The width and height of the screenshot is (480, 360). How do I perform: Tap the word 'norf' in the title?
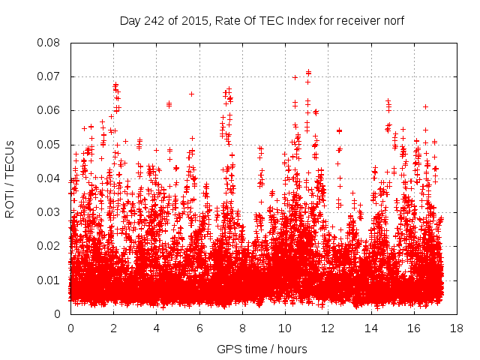tap(391, 21)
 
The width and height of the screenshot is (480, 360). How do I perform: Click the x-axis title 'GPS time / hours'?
tap(262, 349)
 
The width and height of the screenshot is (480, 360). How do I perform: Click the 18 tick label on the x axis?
tap(456, 328)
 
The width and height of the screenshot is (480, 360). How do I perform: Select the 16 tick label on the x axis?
tap(413, 328)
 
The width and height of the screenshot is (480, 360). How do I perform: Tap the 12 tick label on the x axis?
tap(328, 328)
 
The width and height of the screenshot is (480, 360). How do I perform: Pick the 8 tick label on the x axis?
tap(242, 328)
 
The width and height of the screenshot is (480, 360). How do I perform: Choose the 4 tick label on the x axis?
tap(157, 328)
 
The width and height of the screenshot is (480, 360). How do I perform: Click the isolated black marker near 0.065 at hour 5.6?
tap(191, 94)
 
